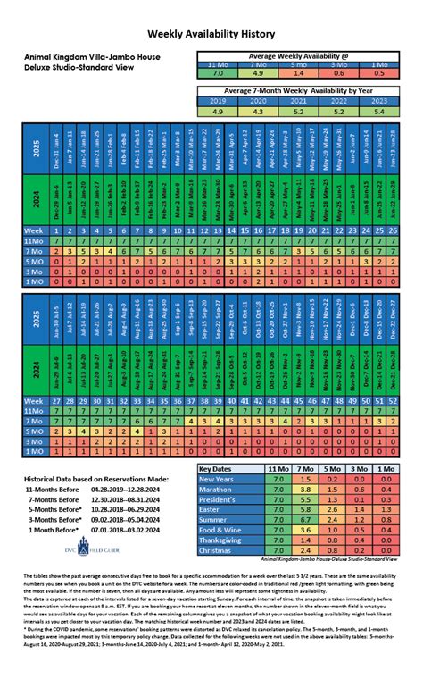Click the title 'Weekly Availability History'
pos(211,32)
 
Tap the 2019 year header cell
pos(216,101)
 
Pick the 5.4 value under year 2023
pos(381,111)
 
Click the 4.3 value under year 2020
pos(257,111)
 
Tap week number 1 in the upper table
pos(58,230)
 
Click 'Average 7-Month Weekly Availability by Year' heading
pos(298,90)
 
